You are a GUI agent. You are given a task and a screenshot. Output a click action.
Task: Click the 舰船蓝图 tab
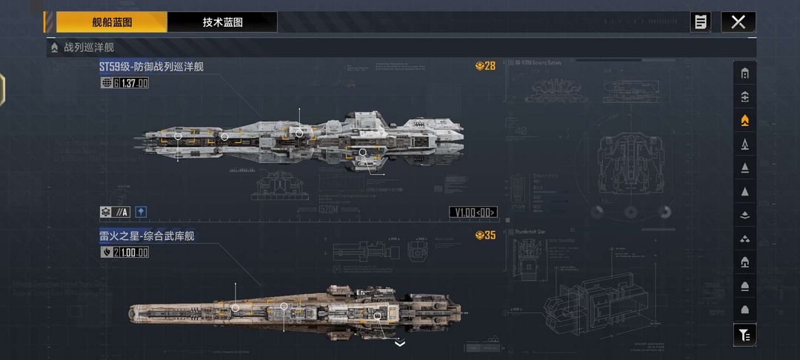[112, 22]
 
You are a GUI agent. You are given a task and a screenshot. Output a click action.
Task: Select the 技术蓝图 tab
[222, 22]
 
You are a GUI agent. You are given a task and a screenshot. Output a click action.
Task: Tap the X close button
[738, 22]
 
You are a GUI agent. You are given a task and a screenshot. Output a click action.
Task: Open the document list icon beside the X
[700, 22]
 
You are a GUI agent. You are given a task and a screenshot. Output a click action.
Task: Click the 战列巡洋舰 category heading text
[89, 47]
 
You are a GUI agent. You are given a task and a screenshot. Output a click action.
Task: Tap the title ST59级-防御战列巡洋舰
[152, 67]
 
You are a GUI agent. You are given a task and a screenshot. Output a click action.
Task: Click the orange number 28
[490, 66]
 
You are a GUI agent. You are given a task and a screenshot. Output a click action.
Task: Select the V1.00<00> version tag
[473, 213]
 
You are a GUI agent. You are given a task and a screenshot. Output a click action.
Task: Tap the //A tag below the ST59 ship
[121, 213]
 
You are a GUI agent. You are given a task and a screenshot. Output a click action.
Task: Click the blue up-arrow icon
[141, 213]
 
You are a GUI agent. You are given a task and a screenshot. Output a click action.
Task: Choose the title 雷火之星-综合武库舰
[147, 236]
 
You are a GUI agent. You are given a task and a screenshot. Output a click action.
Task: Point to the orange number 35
[490, 236]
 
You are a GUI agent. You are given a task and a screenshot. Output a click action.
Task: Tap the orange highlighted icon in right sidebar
[744, 119]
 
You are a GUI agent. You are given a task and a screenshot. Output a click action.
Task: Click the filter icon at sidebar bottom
[744, 335]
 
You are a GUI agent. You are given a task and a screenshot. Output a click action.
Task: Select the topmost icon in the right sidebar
[744, 73]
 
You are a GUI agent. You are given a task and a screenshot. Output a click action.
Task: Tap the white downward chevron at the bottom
[400, 344]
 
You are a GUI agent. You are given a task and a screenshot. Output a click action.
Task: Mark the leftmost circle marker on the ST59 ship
[178, 136]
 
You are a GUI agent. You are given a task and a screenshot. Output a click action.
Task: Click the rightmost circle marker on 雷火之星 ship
[377, 316]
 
